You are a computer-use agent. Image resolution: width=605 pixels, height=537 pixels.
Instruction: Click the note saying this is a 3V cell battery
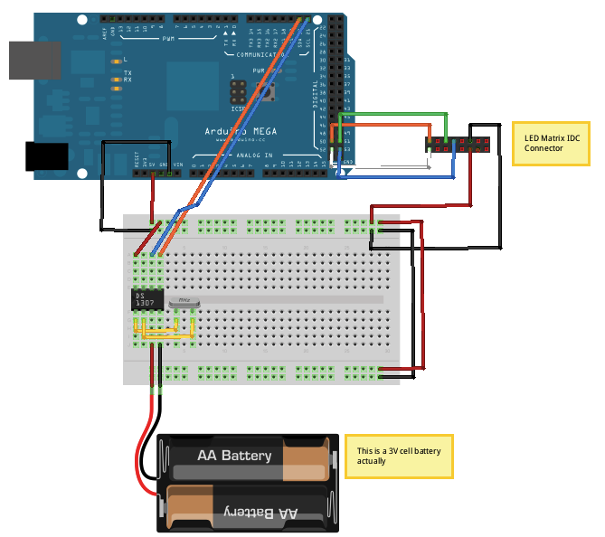(x=398, y=456)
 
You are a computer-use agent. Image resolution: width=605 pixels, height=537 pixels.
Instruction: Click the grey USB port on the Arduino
(x=34, y=60)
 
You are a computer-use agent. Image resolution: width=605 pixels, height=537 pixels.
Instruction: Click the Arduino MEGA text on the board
(x=241, y=131)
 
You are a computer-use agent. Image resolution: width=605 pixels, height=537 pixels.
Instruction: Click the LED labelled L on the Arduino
(x=115, y=61)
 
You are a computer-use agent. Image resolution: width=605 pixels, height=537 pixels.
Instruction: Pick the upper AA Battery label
(x=234, y=456)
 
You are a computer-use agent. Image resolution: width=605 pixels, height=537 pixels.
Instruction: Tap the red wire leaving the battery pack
(x=141, y=452)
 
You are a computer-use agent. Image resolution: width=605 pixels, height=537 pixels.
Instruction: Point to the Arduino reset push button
(x=268, y=90)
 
